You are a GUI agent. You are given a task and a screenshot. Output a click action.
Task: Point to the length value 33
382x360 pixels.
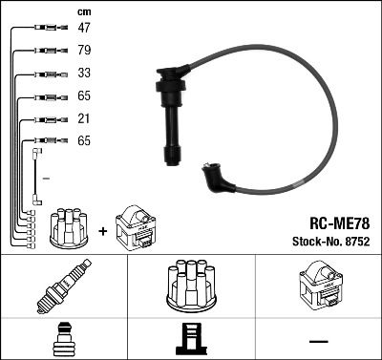pyautogui.click(x=84, y=74)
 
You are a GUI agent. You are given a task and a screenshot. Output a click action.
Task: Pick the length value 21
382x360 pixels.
pyautogui.click(x=84, y=118)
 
